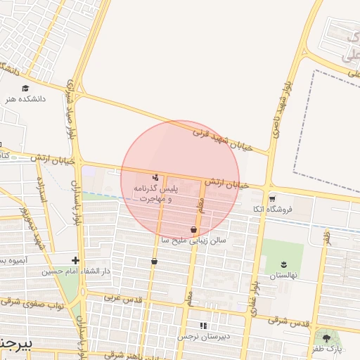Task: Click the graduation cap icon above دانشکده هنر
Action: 25,89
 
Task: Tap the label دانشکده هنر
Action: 25,100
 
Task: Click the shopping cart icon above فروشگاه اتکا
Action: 272,199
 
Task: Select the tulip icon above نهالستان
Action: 283,264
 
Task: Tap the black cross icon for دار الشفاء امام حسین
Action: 75,261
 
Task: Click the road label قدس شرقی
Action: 288,321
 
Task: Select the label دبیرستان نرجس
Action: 203,337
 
